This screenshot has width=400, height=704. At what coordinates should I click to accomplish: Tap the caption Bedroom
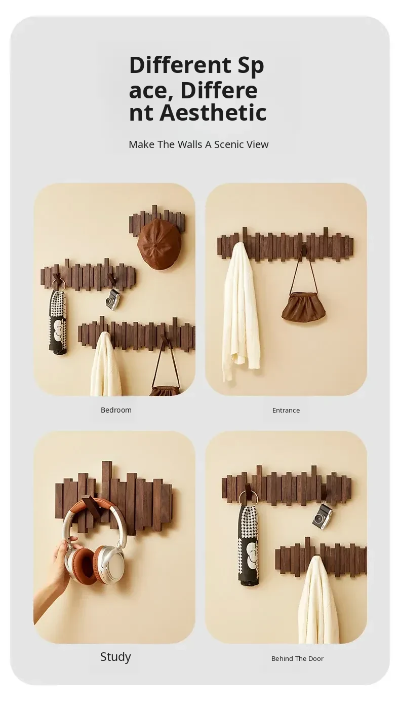tap(116, 410)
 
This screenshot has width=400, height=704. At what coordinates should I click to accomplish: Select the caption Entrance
tap(286, 410)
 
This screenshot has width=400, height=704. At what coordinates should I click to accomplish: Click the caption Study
tap(115, 656)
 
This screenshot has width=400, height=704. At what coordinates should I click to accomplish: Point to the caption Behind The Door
tap(297, 658)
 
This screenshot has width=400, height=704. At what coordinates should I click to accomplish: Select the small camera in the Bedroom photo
tap(112, 299)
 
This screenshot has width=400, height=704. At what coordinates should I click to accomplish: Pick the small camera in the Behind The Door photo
tap(323, 516)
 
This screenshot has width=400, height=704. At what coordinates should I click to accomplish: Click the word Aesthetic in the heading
tap(213, 113)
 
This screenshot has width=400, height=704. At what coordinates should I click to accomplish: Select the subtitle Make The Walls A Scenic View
tap(198, 144)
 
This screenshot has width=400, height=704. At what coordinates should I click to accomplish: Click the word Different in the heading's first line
tap(180, 65)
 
